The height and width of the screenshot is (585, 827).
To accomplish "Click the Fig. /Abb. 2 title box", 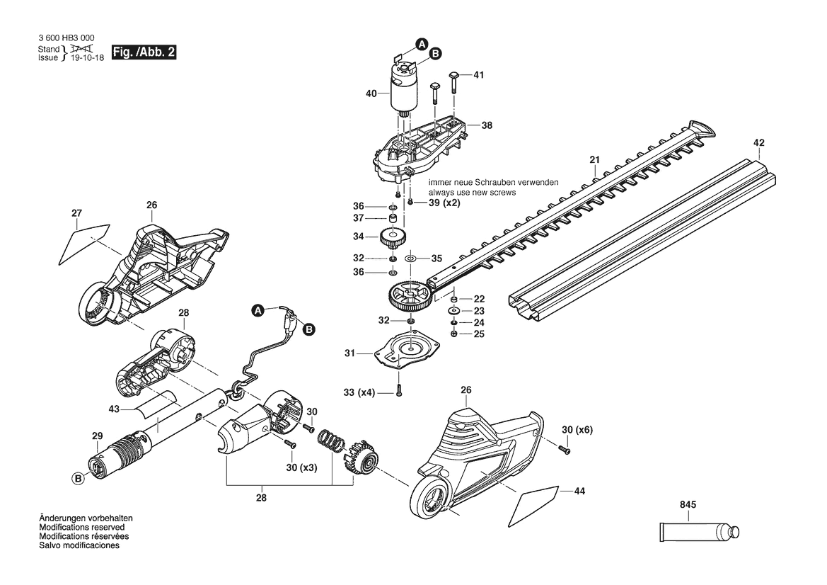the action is point(144,52).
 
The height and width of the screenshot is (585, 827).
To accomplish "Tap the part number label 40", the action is point(371,93).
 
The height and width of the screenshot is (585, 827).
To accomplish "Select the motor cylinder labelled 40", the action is point(404,88).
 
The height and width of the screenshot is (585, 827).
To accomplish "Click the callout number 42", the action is point(759,142).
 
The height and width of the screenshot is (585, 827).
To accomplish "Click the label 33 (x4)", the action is point(359,392).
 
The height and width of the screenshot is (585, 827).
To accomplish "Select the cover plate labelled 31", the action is point(406,350).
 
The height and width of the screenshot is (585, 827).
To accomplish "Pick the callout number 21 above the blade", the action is point(595,159).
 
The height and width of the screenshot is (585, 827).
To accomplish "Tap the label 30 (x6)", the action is point(577,430).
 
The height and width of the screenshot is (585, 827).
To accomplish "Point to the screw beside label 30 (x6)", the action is point(565,449).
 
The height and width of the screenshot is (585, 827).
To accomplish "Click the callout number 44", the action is point(579,491).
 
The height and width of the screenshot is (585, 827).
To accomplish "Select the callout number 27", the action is point(77,213).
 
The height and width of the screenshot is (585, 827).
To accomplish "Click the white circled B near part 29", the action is point(78,479).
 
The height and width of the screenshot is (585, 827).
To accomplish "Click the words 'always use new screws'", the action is point(472,193).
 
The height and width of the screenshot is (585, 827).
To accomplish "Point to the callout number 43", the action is point(114,409).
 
